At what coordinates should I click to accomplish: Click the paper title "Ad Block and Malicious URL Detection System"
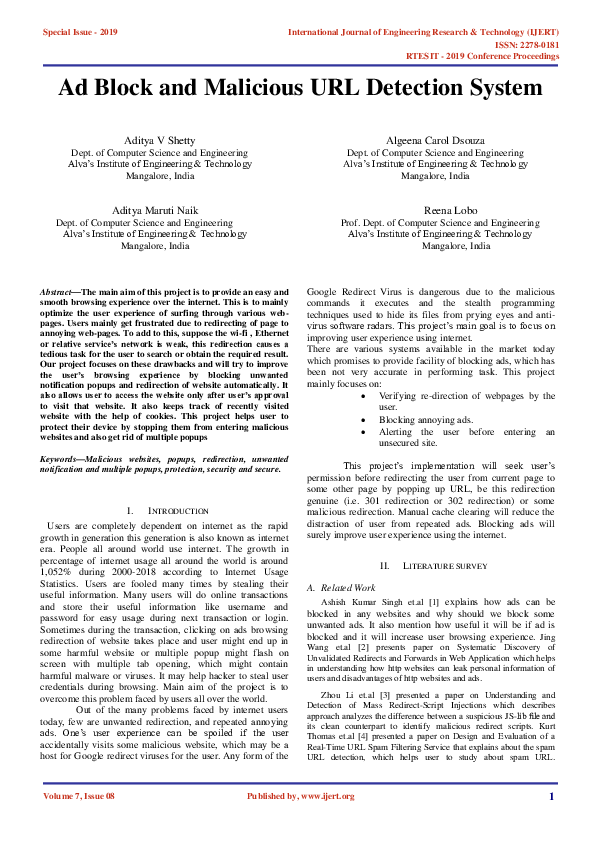[297, 87]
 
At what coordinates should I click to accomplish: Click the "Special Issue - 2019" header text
[80, 32]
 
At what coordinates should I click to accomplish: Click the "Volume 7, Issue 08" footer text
[79, 824]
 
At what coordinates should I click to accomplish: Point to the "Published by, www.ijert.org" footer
[300, 824]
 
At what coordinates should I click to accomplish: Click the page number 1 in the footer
[551, 824]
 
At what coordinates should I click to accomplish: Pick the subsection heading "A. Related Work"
[341, 588]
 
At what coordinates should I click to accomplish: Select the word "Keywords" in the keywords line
[59, 458]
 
